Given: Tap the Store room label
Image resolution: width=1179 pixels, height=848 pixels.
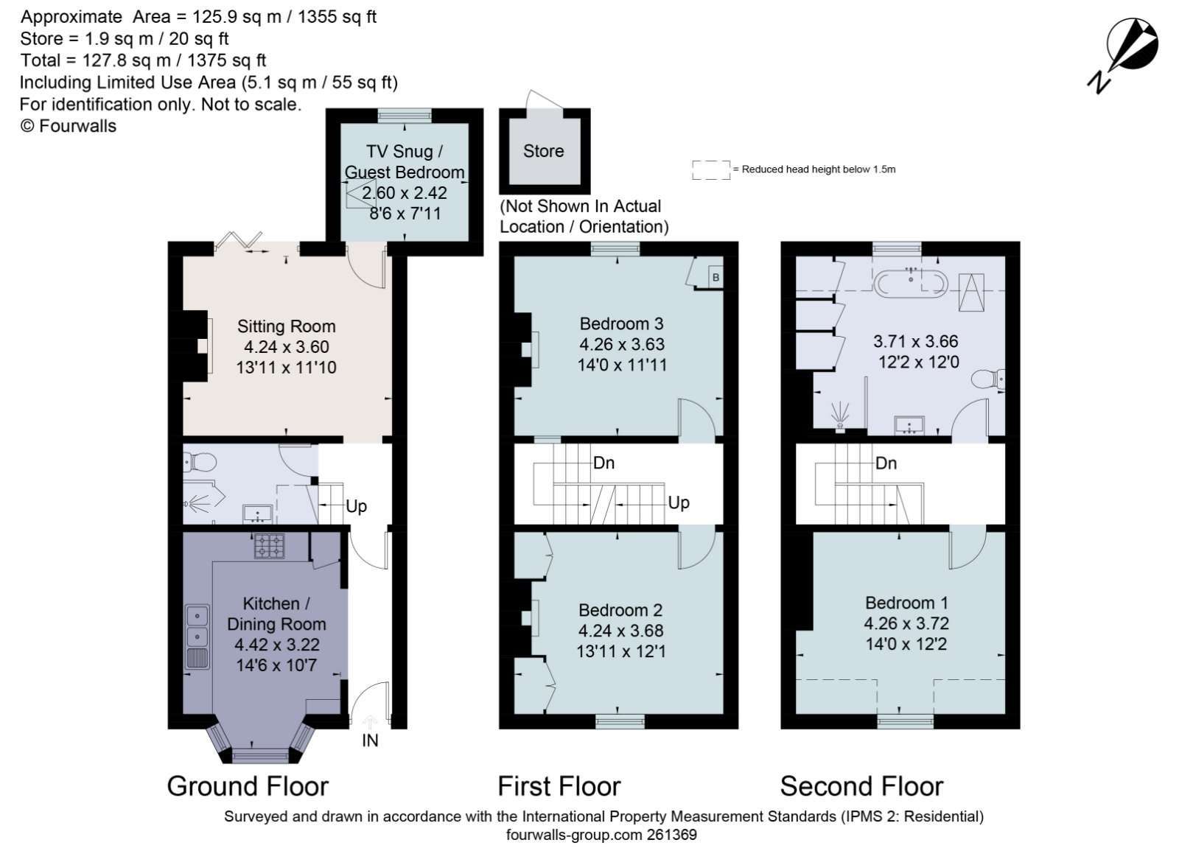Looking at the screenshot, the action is click(543, 151).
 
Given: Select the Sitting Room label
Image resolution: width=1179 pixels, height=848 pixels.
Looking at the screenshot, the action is click(286, 326).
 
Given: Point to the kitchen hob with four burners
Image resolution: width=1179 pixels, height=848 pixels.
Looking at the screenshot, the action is click(270, 546).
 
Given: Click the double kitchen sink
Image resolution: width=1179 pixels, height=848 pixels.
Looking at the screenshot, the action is click(197, 637).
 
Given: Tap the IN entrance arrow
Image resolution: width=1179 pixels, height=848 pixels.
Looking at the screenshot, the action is click(370, 723).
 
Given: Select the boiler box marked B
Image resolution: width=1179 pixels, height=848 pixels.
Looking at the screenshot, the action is click(716, 277).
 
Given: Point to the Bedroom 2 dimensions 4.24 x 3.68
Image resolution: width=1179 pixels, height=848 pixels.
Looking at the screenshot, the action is click(620, 631).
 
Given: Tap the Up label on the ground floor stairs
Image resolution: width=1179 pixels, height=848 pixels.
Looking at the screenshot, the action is click(356, 506).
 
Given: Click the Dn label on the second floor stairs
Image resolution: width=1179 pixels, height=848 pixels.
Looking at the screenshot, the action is click(886, 463).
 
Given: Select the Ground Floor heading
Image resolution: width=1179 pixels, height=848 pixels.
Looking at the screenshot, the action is click(248, 786).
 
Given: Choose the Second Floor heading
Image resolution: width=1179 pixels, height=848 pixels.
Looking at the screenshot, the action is click(861, 786).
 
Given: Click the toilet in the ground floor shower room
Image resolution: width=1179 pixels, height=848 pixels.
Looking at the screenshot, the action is click(200, 463).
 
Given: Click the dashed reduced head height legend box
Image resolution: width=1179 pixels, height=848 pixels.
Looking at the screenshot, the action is click(711, 170).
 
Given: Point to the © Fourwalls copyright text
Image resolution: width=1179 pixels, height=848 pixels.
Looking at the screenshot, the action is click(69, 126).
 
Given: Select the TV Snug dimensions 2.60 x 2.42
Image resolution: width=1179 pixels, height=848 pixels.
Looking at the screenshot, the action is click(405, 192).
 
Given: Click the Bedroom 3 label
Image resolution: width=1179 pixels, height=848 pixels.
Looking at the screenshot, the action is click(622, 323).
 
